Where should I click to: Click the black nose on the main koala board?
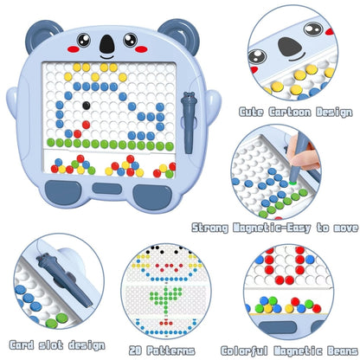pyautogui.click(x=107, y=44)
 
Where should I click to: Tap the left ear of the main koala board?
pyautogui.click(x=42, y=34)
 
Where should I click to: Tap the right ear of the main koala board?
pyautogui.click(x=179, y=34)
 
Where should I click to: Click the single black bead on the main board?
pyautogui.click(x=87, y=106)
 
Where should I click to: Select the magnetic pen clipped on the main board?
pyautogui.click(x=189, y=122)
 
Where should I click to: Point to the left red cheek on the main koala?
pyautogui.click(x=74, y=49)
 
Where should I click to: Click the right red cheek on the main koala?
pyautogui.click(x=141, y=49)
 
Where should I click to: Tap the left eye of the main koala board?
pyautogui.click(x=84, y=40)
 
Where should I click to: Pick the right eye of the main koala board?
pyautogui.click(x=130, y=40)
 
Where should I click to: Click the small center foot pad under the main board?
pyautogui.click(x=107, y=189)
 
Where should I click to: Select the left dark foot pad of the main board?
pyautogui.click(x=63, y=192)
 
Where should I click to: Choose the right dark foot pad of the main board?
pyautogui.click(x=152, y=197)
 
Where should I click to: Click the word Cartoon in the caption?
pyautogui.click(x=290, y=112)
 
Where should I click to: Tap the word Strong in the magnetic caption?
pyautogui.click(x=210, y=228)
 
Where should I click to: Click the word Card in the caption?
pyautogui.click(x=22, y=345)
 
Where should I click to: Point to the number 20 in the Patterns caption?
pyautogui.click(x=135, y=350)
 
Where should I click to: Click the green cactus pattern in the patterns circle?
pyautogui.click(x=166, y=298)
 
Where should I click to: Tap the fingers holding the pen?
pyautogui.click(x=303, y=153)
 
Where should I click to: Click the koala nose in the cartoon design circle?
pyautogui.click(x=290, y=47)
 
